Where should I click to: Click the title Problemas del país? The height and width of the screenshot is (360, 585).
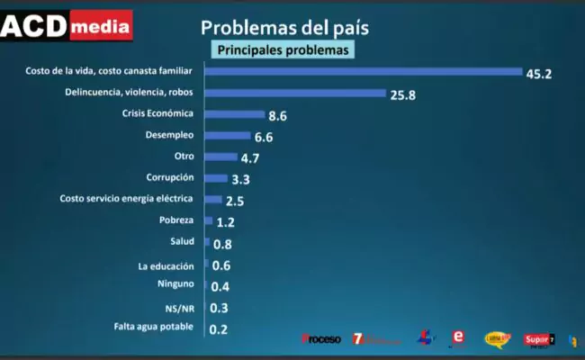[283, 27]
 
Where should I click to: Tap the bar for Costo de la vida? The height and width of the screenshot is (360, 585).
[364, 71]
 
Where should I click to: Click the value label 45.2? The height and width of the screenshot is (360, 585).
[539, 73]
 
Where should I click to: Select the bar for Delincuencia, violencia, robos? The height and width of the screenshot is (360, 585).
[295, 93]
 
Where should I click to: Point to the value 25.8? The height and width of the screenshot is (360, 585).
[402, 94]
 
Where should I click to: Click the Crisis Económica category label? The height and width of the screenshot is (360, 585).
[157, 114]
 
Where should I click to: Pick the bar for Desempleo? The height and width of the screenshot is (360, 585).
[228, 135]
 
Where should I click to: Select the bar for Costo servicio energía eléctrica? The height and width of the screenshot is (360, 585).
[213, 199]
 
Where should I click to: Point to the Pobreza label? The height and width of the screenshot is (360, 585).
[175, 220]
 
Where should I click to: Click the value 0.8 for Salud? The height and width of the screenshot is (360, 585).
[223, 244]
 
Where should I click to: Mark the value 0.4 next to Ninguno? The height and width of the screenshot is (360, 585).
[220, 287]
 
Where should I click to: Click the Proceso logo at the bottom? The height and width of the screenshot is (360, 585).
[321, 339]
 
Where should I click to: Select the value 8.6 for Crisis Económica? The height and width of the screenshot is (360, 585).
[278, 116]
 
